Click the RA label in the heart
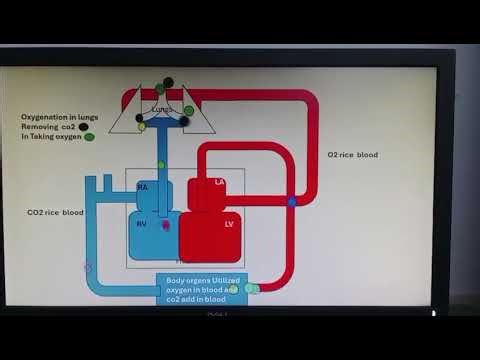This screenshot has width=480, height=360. coord(142,187)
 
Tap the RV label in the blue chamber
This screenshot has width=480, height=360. coord(142,224)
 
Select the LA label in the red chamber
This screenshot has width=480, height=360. coord(220,182)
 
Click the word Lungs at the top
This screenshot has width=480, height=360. coord(162,108)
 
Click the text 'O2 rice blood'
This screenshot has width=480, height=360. coord(353,155)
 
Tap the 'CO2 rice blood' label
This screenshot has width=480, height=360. coord(56,212)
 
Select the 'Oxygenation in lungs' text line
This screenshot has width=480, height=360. coord(60,117)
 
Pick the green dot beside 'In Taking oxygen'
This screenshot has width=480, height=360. coord(90,137)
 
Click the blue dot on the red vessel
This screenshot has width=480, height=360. coord(292,202)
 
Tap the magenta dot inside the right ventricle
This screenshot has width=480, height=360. coord(166,225)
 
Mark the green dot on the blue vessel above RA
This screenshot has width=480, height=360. coord(162,164)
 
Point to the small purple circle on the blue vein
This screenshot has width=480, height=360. coord(88,268)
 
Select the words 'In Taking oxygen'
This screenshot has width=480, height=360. coord(52,137)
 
